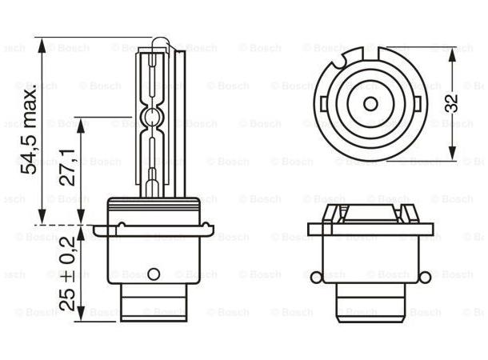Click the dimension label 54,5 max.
[x=28, y=126]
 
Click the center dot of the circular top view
[x=370, y=102]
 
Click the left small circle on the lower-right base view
[x=315, y=278]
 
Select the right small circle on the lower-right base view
[x=425, y=278]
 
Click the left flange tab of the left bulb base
[x=99, y=231]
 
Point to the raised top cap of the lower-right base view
[x=370, y=214]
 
